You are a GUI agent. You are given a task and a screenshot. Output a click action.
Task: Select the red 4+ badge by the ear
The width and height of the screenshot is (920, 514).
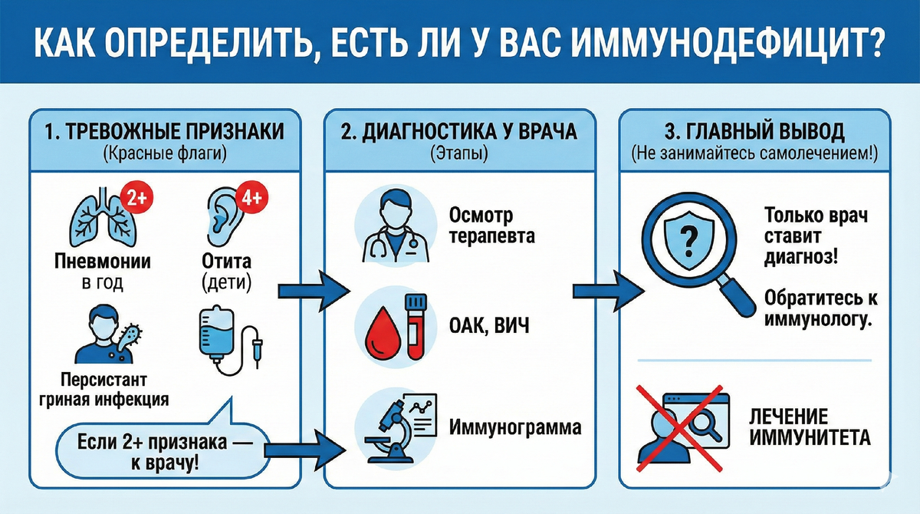251,198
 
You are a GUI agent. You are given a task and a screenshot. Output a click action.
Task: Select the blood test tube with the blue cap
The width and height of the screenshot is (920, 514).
416,324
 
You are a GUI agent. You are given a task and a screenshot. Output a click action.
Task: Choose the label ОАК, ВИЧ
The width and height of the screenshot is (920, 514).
488,328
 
